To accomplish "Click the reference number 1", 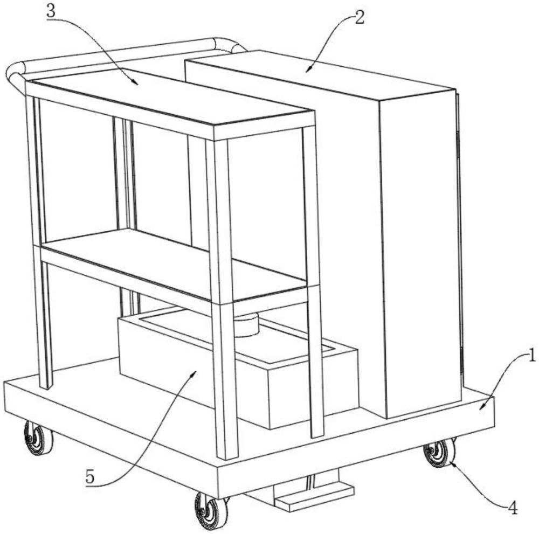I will pyautogui.click(x=531, y=356).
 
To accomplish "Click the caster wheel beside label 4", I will pyautogui.click(x=439, y=453).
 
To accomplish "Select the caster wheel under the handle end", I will pyautogui.click(x=38, y=439).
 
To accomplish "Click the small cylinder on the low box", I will pyautogui.click(x=246, y=325).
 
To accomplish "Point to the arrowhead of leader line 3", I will pyautogui.click(x=136, y=83).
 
